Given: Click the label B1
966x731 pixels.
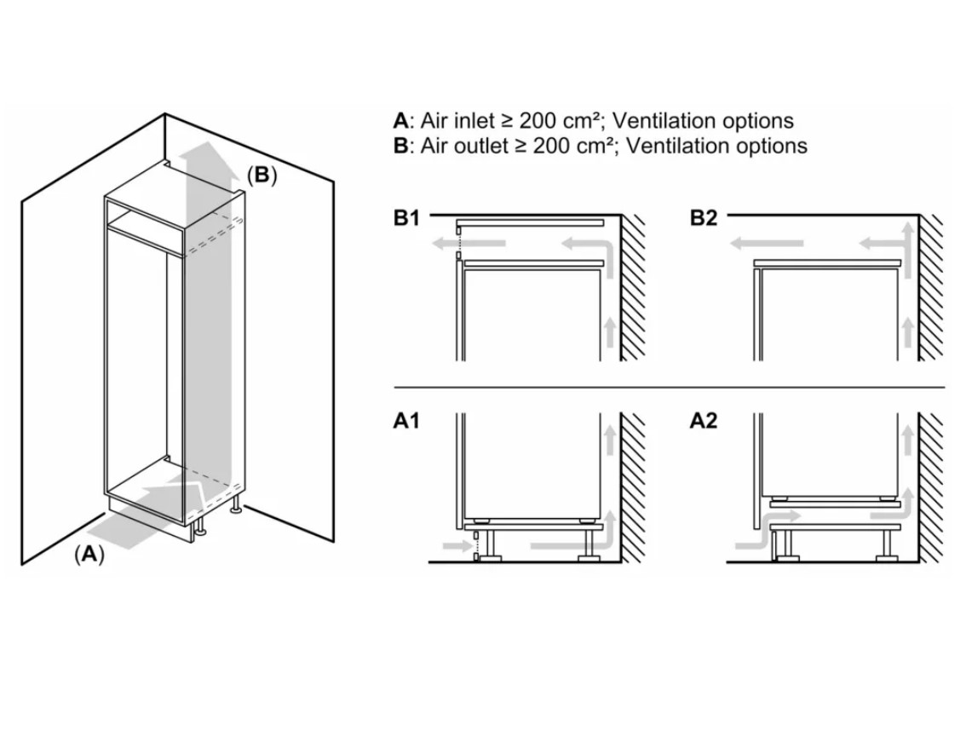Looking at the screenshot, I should point(406,219).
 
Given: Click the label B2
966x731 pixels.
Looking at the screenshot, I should point(704,219).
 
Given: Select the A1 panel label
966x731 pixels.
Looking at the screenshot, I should point(406,422).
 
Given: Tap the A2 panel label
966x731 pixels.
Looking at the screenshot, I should point(704,422).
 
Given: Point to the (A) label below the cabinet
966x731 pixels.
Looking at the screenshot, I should point(89,555).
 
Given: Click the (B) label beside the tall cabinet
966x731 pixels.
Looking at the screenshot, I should point(262,176).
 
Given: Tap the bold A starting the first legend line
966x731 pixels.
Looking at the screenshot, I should point(400,121).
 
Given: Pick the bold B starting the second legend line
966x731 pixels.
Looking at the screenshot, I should point(400,146).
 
